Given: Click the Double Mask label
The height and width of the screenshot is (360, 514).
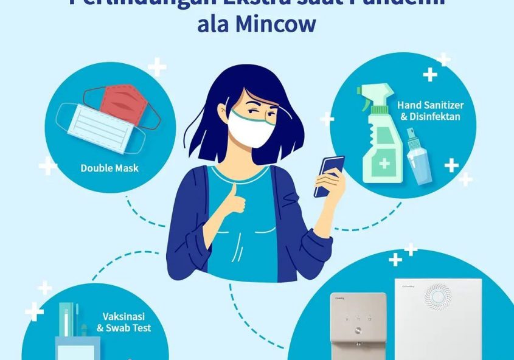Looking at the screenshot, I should pos(109,168).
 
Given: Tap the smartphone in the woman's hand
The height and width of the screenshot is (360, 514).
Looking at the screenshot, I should pos(329,176).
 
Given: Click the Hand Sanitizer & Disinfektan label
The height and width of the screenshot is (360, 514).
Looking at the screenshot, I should pos(430,111).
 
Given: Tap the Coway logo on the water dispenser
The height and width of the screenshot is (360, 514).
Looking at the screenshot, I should pos(340,299).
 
